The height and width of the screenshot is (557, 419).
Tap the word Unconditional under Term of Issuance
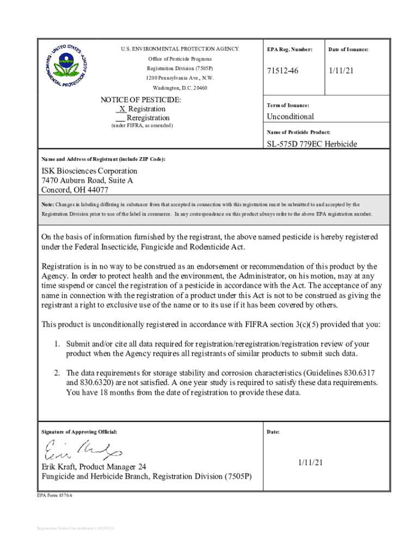click(290, 116)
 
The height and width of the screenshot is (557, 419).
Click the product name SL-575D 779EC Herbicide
click(311, 144)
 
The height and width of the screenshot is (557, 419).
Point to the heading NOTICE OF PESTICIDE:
click(141, 100)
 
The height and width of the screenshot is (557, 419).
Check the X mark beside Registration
click(122, 109)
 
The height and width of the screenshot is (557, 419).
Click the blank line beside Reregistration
click(120, 118)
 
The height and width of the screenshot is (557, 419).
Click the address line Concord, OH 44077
click(75, 190)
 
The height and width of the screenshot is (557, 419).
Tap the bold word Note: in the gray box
click(48, 205)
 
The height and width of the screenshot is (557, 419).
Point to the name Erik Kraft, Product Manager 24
click(101, 467)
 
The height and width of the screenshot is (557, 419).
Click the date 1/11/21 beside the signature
click(310, 462)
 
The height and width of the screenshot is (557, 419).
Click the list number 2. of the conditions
click(57, 373)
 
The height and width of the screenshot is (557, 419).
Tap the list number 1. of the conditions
click(57, 344)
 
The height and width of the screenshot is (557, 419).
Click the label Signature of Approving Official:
click(79, 432)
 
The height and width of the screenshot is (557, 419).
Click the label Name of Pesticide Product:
click(298, 132)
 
